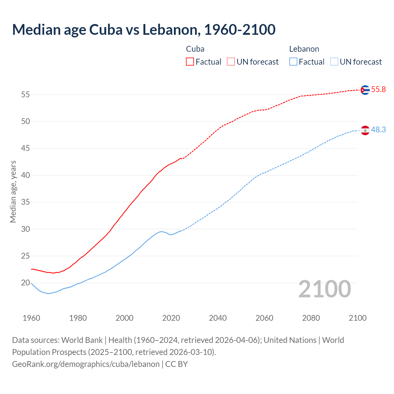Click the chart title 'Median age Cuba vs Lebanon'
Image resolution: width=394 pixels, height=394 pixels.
(x=143, y=30)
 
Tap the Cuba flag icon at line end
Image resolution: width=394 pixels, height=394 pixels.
(x=365, y=90)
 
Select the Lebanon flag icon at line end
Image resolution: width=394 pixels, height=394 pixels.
(x=365, y=131)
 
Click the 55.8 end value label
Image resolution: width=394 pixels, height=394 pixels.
(x=378, y=90)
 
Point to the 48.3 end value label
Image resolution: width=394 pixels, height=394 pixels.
(x=378, y=130)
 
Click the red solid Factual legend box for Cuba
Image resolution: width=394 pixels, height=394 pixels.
(x=190, y=62)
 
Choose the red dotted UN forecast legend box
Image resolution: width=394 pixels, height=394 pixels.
(x=231, y=62)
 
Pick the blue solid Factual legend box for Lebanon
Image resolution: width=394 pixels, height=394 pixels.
(x=293, y=62)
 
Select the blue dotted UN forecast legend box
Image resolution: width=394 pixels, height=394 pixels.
(x=334, y=62)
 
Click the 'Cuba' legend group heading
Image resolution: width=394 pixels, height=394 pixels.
(x=195, y=49)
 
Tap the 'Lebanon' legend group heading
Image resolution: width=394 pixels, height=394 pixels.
(x=304, y=49)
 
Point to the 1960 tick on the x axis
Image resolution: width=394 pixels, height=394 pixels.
(x=31, y=318)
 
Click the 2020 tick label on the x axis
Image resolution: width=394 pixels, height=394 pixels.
(x=171, y=318)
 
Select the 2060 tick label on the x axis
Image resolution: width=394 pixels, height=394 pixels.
(x=264, y=318)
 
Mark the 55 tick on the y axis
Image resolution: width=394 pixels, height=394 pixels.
(x=26, y=94)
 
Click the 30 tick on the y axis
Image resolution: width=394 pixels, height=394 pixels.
(x=26, y=229)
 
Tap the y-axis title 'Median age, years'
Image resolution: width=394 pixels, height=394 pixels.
(x=13, y=191)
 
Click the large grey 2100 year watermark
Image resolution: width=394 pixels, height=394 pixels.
(x=325, y=289)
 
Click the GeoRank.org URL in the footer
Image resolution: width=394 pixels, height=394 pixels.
(x=86, y=364)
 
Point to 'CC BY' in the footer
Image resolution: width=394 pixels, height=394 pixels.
(x=177, y=364)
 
